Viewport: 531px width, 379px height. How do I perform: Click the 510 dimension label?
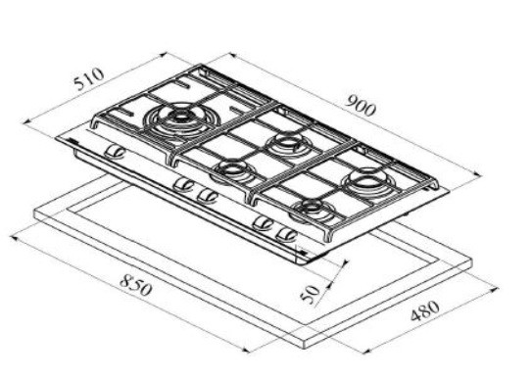click(x=89, y=78)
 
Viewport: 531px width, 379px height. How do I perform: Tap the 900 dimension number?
click(x=361, y=106)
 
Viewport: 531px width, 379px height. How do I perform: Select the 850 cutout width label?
click(x=136, y=285)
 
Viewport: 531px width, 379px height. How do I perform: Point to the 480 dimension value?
click(x=425, y=310)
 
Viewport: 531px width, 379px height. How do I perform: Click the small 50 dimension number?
click(x=310, y=294)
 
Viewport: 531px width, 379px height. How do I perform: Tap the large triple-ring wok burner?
click(x=182, y=120)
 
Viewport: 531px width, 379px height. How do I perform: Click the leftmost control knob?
click(x=115, y=153)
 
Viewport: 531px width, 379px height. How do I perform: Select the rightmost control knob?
click(x=286, y=235)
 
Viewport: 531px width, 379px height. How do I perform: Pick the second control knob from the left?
click(x=183, y=185)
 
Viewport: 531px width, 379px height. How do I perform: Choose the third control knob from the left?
click(x=207, y=196)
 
